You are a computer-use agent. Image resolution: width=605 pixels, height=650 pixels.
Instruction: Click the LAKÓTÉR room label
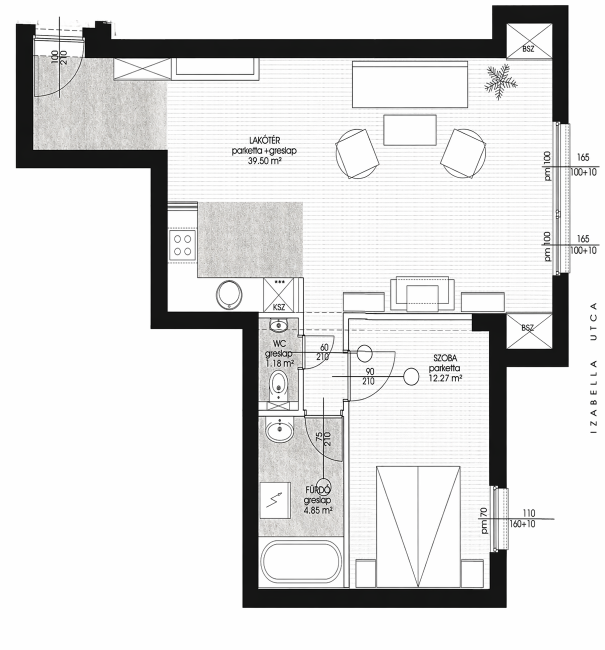point(264,140)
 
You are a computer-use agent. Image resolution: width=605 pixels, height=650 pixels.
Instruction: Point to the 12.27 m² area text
point(445,378)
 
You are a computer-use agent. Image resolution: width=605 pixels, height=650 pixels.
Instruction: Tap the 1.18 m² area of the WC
point(279,363)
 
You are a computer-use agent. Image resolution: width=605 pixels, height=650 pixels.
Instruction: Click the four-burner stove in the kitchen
point(182,245)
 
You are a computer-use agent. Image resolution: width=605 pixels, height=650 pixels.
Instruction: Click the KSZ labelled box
point(279,295)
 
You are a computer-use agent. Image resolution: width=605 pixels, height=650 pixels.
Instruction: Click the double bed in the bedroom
point(418,527)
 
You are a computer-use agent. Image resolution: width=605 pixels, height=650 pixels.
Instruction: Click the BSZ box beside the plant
point(529,41)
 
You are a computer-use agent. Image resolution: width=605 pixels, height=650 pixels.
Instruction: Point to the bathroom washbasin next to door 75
point(279,429)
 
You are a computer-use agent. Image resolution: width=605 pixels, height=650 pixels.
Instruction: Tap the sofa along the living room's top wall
point(410,84)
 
